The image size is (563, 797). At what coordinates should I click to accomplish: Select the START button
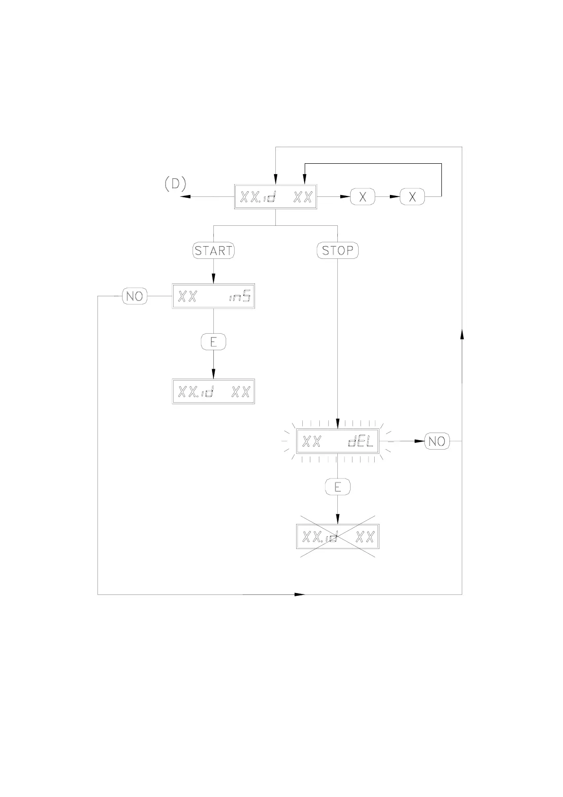pyautogui.click(x=213, y=250)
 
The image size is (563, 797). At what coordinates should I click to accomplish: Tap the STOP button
pyautogui.click(x=337, y=250)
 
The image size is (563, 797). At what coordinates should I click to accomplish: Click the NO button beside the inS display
pyautogui.click(x=135, y=296)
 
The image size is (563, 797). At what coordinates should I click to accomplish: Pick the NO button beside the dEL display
pyautogui.click(x=437, y=441)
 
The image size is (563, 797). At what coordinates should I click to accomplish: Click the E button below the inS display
pyautogui.click(x=213, y=342)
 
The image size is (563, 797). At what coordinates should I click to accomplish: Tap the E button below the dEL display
pyautogui.click(x=337, y=487)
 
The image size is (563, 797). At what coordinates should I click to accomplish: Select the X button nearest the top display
pyautogui.click(x=362, y=196)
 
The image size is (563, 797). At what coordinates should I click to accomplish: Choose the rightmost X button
pyautogui.click(x=412, y=196)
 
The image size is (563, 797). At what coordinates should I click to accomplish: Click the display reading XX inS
pyautogui.click(x=213, y=296)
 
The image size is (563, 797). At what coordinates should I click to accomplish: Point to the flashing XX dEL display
pyautogui.click(x=337, y=441)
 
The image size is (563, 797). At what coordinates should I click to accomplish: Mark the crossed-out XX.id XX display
pyautogui.click(x=337, y=537)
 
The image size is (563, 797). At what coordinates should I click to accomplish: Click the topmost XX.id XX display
pyautogui.click(x=275, y=196)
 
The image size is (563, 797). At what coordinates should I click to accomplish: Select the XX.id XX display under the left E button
pyautogui.click(x=213, y=391)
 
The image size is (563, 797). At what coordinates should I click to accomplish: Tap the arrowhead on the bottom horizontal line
pyautogui.click(x=299, y=594)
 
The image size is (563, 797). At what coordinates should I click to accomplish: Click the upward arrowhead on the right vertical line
pyautogui.click(x=462, y=334)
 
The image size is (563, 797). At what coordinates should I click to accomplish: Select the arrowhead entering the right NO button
pyautogui.click(x=419, y=441)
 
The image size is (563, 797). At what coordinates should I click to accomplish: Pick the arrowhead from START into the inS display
pyautogui.click(x=213, y=279)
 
